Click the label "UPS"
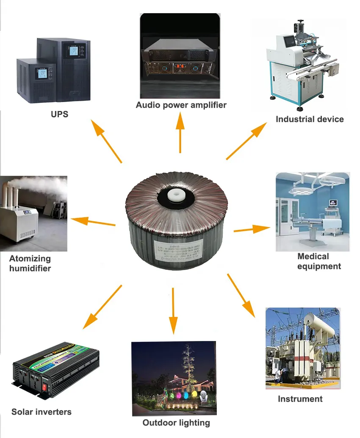pos(59,114)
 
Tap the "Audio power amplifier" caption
pos(181,105)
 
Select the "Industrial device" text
pos(310,119)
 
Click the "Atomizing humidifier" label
pos(30,263)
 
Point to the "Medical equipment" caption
pos(318,261)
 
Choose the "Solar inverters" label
pos(42,412)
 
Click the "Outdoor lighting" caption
pos(176,423)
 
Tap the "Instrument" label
pos(300,399)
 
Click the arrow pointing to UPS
pos(106,140)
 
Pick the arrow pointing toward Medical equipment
pos(252,230)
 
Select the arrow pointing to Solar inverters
pos(102,307)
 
